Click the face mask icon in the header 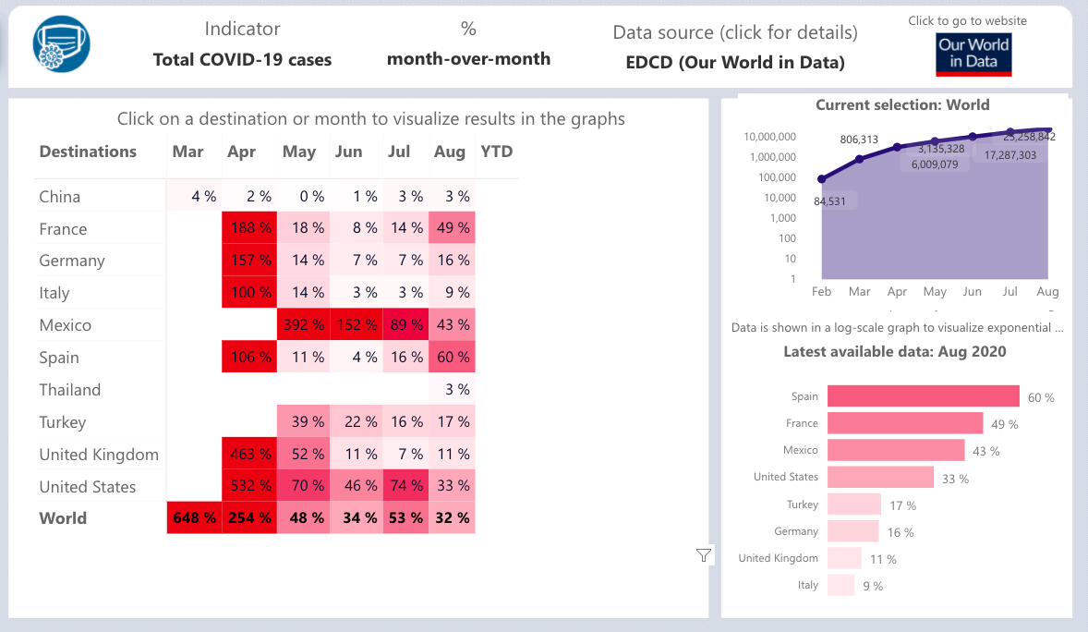coord(62,44)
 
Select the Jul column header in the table coord(399,152)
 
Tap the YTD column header coord(497,152)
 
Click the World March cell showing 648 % coord(194,518)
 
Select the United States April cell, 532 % coord(249,486)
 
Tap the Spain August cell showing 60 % coord(453,358)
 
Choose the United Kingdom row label coord(99,455)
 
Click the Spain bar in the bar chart coord(923,396)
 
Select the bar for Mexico coord(895,450)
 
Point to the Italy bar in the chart coord(840,585)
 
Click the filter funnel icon coord(704,554)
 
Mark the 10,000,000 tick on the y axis coord(769,137)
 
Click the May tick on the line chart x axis coord(935,292)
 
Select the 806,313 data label coord(860,140)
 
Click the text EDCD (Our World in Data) coord(735,63)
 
